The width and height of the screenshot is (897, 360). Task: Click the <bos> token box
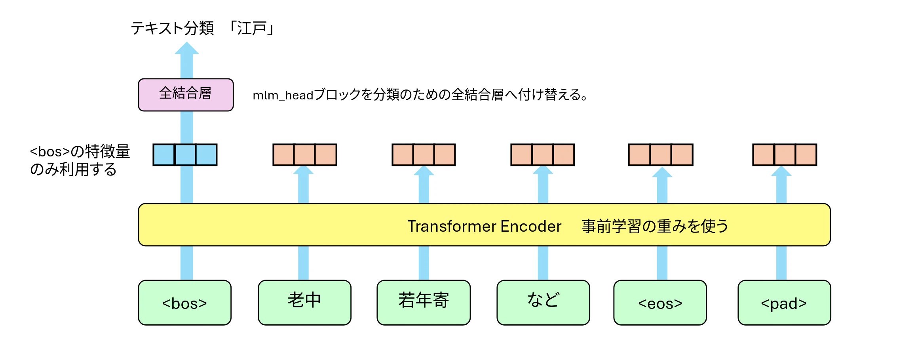pyautogui.click(x=185, y=303)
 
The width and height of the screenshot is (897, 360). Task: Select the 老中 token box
pyautogui.click(x=304, y=303)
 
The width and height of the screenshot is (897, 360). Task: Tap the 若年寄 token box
pyautogui.click(x=424, y=303)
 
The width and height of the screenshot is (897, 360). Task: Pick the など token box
pyautogui.click(x=543, y=303)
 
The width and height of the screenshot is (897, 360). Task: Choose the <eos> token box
pyautogui.click(x=660, y=303)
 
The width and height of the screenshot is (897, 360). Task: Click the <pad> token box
pyautogui.click(x=784, y=303)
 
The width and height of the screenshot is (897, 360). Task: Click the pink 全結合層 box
pyautogui.click(x=186, y=95)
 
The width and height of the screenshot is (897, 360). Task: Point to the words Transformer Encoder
pyautogui.click(x=485, y=226)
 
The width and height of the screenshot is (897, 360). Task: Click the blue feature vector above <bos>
pyautogui.click(x=185, y=155)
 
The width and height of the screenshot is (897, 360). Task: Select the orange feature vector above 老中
pyautogui.click(x=305, y=155)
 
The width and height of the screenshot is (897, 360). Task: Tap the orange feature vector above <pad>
pyautogui.click(x=785, y=155)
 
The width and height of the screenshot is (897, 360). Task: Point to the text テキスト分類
pyautogui.click(x=172, y=29)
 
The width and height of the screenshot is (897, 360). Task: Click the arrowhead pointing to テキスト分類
pyautogui.click(x=187, y=48)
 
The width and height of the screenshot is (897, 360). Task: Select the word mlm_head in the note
pyautogui.click(x=283, y=95)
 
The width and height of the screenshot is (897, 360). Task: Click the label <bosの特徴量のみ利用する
pyautogui.click(x=80, y=160)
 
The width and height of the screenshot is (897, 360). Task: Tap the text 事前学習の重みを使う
pyautogui.click(x=655, y=226)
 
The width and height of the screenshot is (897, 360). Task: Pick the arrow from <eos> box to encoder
pyautogui.click(x=662, y=263)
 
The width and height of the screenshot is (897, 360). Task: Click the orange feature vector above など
pyautogui.click(x=543, y=155)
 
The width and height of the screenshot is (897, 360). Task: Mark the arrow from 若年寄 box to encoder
pyautogui.click(x=424, y=263)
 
